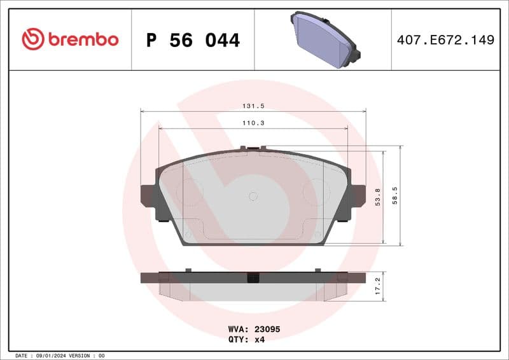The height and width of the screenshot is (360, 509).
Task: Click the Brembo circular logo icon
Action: coord(33,39)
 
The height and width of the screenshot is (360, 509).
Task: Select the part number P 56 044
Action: coord(193,40)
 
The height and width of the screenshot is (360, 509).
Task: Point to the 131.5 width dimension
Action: coord(253,107)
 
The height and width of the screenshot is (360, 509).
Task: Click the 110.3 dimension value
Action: coord(253,123)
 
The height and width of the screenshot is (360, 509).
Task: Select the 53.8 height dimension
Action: coord(378,197)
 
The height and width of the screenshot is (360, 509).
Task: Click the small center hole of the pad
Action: coord(253,196)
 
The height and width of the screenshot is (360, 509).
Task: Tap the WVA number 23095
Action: coord(267,329)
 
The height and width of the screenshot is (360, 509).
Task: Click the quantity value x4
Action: coord(259,339)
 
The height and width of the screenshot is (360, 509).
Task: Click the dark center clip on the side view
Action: coord(253,277)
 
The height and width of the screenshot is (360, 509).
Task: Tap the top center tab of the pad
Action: coord(253,149)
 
